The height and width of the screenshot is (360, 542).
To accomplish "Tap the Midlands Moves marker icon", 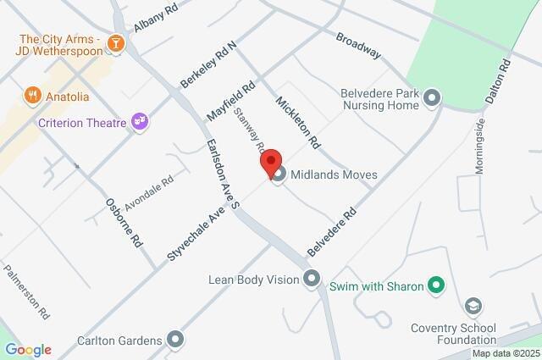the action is [278, 175].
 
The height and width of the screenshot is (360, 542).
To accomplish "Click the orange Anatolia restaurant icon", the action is [32, 95].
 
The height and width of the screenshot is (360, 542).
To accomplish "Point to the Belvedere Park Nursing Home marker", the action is [433, 99].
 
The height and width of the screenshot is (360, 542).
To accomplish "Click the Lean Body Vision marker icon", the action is [312, 278].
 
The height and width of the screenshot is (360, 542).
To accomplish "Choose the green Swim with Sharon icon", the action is [436, 286].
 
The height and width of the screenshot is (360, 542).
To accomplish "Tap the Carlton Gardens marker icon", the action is [176, 341].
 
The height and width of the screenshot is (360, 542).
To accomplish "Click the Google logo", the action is [28, 349].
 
